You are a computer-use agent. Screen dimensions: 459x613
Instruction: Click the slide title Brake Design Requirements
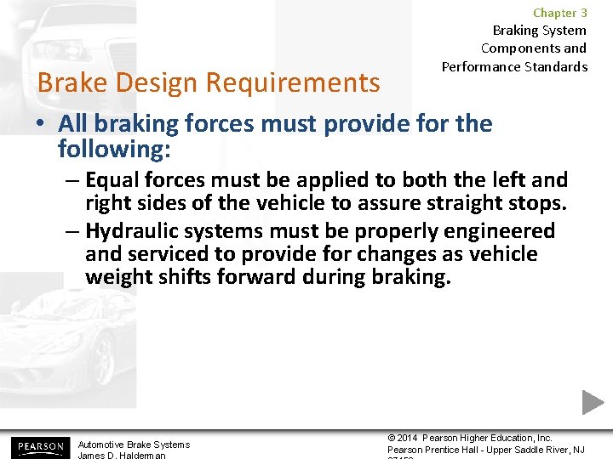pyautogui.click(x=209, y=82)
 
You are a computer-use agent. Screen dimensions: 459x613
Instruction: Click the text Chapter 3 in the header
pyautogui.click(x=559, y=13)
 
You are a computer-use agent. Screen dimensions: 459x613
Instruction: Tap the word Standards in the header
pyautogui.click(x=557, y=66)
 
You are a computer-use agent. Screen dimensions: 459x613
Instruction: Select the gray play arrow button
pyautogui.click(x=593, y=402)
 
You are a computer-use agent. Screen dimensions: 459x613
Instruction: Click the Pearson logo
pyautogui.click(x=38, y=446)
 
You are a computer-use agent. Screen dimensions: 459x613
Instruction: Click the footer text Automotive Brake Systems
pyautogui.click(x=134, y=445)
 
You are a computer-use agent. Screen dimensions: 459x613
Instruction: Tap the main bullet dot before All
pyautogui.click(x=41, y=124)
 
